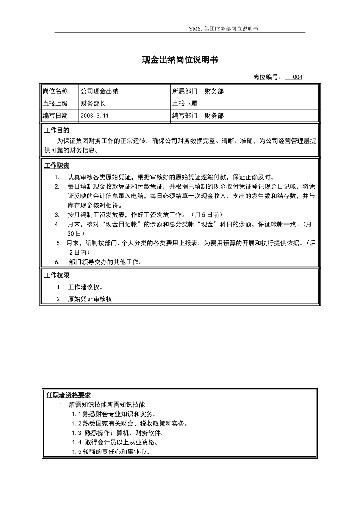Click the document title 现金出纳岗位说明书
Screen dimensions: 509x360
click(180, 60)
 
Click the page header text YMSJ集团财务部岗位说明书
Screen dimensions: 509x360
click(223, 29)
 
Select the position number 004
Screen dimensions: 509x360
click(297, 77)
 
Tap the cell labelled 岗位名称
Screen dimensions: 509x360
click(55, 91)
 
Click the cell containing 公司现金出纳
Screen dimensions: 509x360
click(99, 91)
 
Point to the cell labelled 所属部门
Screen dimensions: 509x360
click(185, 91)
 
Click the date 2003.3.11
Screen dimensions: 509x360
click(95, 116)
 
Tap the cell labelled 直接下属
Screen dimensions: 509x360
click(185, 103)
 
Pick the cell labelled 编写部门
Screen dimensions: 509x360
click(185, 116)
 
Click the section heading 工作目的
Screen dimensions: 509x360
click(57, 131)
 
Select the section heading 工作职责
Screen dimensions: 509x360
click(57, 166)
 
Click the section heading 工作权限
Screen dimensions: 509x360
click(57, 275)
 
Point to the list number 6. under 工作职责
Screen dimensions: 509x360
click(57, 262)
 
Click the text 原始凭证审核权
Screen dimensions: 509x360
click(90, 299)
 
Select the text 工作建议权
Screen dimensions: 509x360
click(86, 287)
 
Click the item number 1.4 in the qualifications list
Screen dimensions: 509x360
click(77, 442)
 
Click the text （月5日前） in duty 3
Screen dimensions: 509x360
click(207, 215)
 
